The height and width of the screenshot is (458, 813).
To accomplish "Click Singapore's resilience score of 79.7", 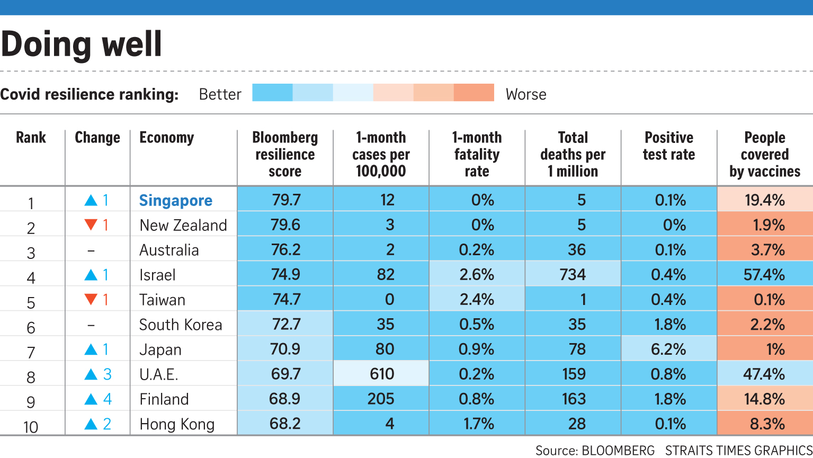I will tap(286, 200).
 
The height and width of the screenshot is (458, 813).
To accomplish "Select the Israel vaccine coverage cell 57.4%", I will tap(764, 274).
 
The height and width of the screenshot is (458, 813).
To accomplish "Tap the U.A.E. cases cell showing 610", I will tap(381, 374).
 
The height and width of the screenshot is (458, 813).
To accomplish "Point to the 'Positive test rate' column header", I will tap(668, 146).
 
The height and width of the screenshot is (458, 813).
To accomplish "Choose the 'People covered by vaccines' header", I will tap(764, 154).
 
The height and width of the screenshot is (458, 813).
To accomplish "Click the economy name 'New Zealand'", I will tap(183, 225).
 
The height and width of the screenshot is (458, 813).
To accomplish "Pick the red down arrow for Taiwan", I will tap(91, 300).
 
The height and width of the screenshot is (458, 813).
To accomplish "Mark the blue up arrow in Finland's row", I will tap(91, 399).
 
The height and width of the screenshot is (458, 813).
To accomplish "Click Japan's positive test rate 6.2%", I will tap(669, 349).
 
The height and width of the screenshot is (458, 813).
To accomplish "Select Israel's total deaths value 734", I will tap(573, 274).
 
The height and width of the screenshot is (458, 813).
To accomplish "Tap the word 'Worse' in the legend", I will tap(525, 94).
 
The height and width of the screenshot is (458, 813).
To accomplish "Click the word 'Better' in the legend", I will tap(220, 94).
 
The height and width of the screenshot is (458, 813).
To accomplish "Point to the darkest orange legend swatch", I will tap(474, 92).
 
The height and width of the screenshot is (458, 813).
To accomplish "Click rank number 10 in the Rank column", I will tap(31, 426).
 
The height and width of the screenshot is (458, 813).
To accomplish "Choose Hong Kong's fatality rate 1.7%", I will tap(477, 424).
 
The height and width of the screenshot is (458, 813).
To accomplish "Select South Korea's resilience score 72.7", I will tap(286, 324).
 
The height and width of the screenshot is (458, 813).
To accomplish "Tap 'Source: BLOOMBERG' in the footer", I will tap(595, 450).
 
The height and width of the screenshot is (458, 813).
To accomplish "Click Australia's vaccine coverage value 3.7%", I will tap(764, 249).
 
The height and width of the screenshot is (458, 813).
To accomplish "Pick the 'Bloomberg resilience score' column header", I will tap(285, 154).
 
